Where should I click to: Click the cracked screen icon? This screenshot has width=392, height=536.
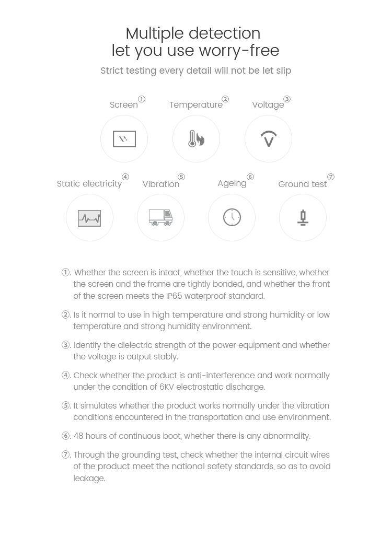coord(124,139)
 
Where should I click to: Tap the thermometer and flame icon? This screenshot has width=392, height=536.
coord(196,139)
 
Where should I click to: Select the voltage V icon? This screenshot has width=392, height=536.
coord(268,139)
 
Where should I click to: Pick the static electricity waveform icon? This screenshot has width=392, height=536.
coord(89,218)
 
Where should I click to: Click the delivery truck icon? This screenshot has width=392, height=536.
coord(160,217)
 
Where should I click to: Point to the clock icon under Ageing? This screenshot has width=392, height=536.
coord(232,217)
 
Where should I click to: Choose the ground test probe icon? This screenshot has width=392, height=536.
coord(303,217)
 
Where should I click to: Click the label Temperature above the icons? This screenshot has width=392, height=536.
coord(195,105)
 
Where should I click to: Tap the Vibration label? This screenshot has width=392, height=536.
coord(160,184)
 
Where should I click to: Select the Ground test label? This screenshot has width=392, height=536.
coord(302,184)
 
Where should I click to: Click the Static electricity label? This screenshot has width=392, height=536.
coord(89,184)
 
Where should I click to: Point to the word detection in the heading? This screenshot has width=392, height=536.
coord(225,33)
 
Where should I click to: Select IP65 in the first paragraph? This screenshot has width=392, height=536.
coord(176,296)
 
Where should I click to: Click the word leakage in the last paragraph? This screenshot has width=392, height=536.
coord(89,478)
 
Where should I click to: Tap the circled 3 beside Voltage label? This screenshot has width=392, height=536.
coord(287,99)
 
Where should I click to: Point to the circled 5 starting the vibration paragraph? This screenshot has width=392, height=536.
coord(66,406)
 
